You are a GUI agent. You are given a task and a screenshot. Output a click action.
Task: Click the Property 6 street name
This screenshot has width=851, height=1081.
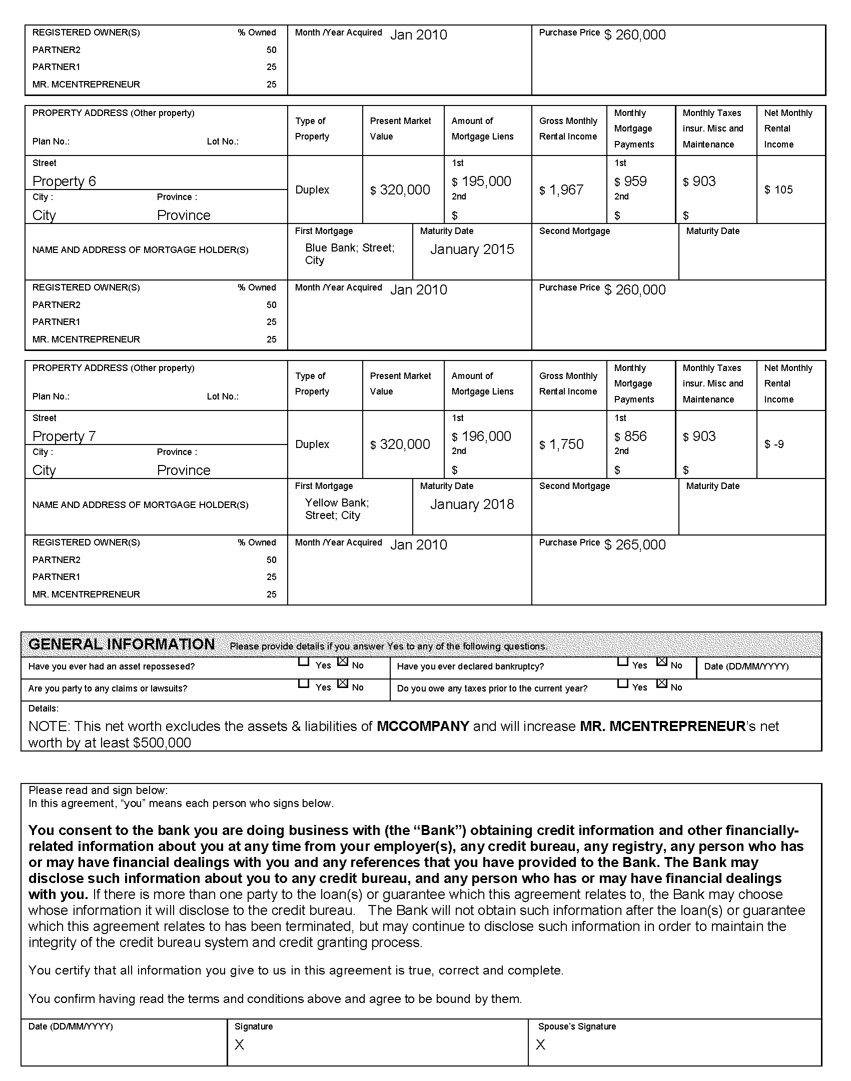pyautogui.click(x=64, y=181)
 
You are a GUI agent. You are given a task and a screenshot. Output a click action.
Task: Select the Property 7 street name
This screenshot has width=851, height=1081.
pyautogui.click(x=64, y=436)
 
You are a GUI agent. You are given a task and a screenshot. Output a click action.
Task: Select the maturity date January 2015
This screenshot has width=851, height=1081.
pyautogui.click(x=472, y=249)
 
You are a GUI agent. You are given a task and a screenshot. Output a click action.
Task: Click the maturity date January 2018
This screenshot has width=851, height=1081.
pyautogui.click(x=472, y=504)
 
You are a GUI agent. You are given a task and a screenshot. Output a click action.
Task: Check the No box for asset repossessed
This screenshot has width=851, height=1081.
pyautogui.click(x=343, y=661)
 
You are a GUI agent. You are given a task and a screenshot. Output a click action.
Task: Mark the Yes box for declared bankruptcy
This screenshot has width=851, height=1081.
pyautogui.click(x=623, y=661)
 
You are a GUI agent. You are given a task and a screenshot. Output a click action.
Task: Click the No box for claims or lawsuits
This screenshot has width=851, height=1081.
pyautogui.click(x=343, y=683)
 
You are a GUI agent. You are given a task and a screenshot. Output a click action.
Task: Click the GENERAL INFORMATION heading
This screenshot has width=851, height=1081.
pyautogui.click(x=122, y=644)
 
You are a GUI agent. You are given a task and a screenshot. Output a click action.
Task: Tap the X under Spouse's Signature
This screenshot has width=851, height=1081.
pyautogui.click(x=541, y=1044)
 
